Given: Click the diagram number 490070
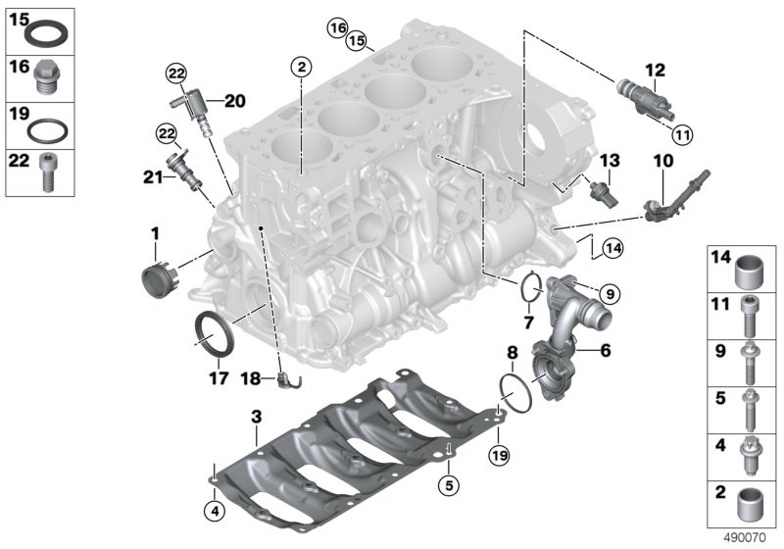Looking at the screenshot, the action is (745, 538).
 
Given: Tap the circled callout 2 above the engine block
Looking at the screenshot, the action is (301, 66).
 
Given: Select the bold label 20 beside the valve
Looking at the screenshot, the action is (235, 101).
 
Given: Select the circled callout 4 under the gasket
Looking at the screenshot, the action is (215, 511).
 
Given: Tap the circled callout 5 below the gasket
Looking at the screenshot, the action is (449, 484).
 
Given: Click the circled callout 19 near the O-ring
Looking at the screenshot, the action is (500, 455).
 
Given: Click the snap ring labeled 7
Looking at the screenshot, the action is (531, 287).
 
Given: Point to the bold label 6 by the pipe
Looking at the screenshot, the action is (606, 351).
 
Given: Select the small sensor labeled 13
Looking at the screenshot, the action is (604, 193).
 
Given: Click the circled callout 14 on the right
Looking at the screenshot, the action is (613, 248).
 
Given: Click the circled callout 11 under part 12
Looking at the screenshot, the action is (682, 134).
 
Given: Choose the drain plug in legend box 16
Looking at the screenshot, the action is (47, 78).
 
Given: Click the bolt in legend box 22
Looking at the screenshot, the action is (46, 173).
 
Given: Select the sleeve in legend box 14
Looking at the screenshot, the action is (747, 273).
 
